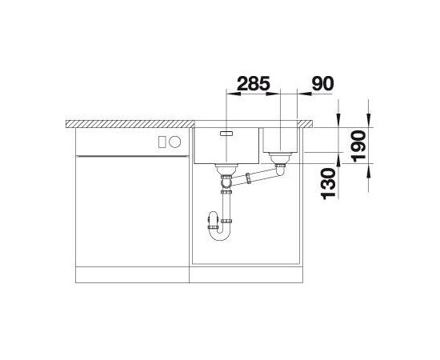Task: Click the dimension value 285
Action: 252,83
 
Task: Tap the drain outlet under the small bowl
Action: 279,162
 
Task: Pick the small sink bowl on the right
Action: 280,138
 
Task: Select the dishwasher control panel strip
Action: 120,142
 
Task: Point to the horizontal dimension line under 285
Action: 252,94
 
